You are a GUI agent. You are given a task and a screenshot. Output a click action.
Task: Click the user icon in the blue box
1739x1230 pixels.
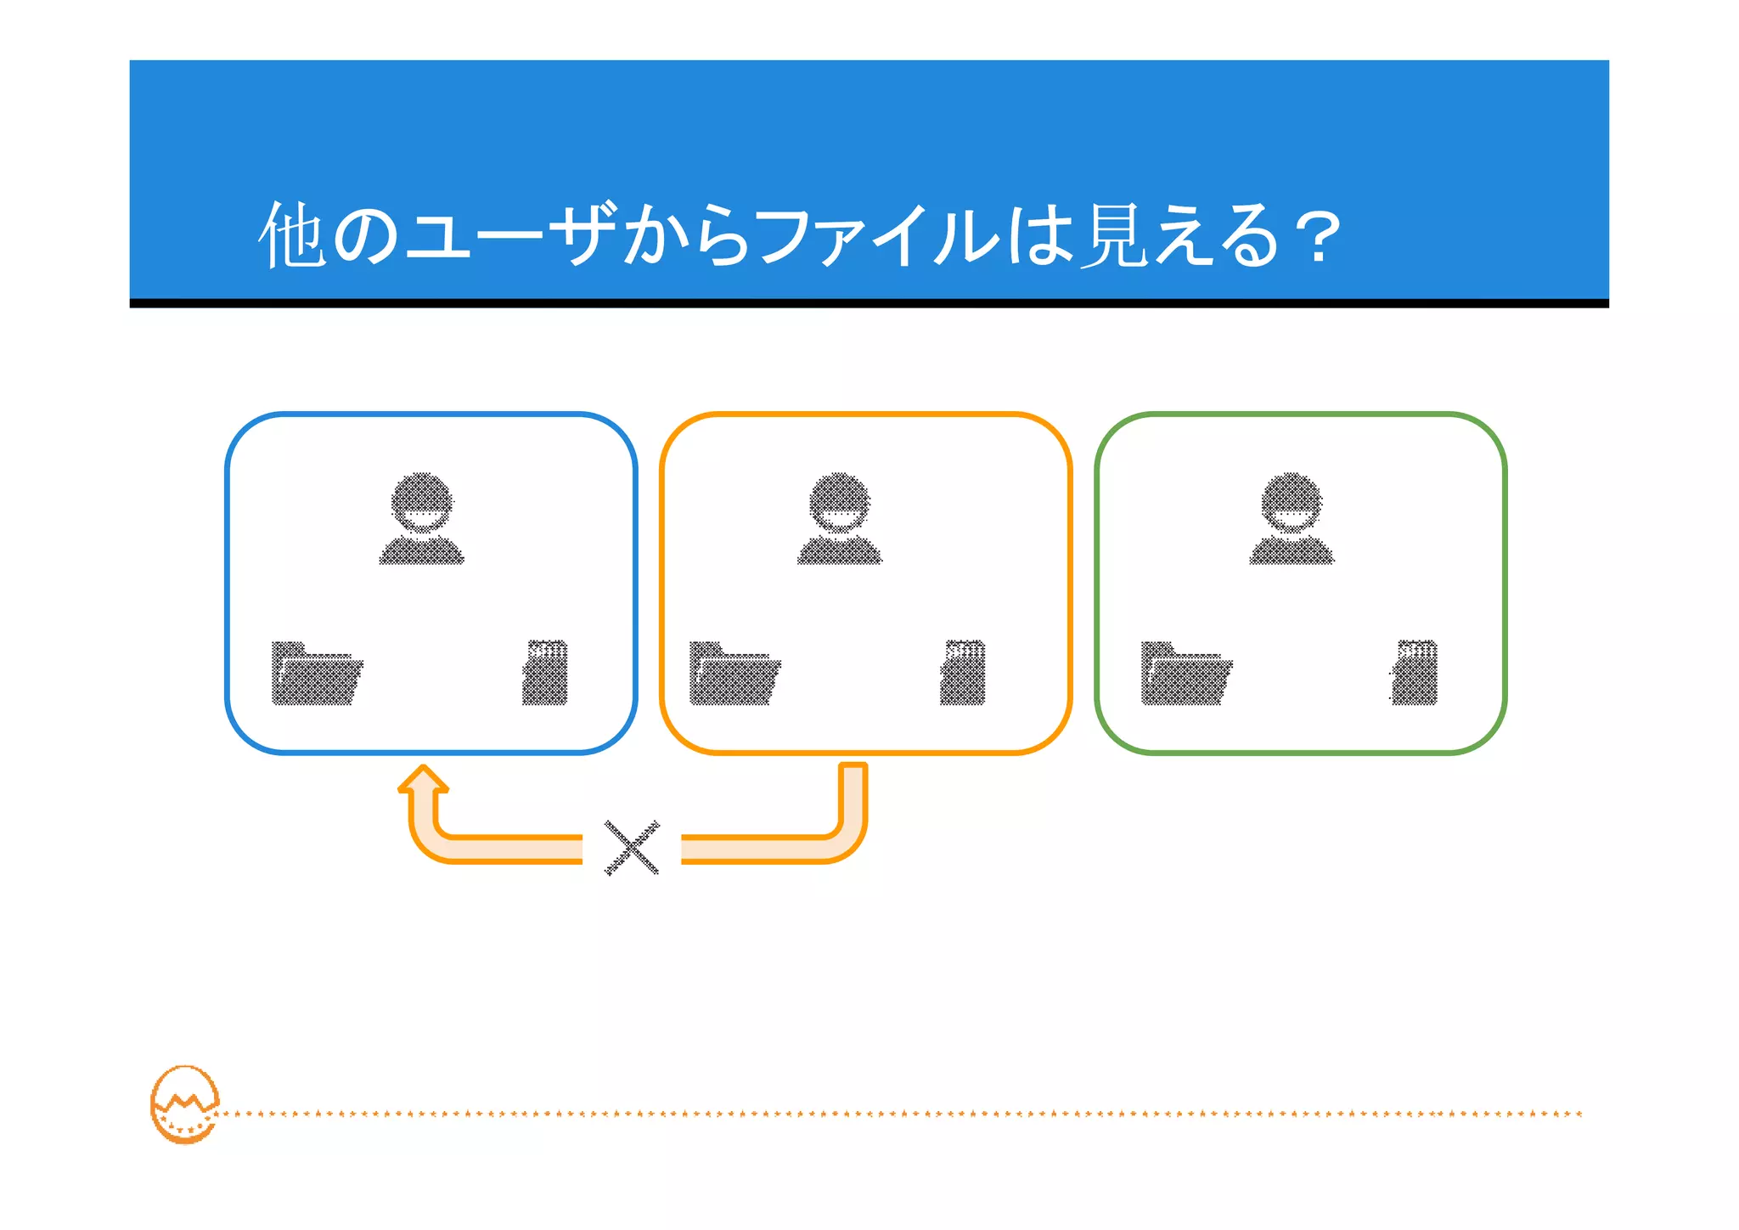pos(422,518)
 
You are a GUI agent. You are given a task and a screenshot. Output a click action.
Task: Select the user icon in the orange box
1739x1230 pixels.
pos(840,518)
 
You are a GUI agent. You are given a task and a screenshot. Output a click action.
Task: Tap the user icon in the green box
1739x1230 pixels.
pos(1292,518)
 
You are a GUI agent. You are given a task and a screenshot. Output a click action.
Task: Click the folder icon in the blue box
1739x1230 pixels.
pos(317,674)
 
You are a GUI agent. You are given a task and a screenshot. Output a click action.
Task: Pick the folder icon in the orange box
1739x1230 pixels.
pos(734,674)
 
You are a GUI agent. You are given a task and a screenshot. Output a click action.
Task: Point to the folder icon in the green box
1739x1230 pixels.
pos(1186,674)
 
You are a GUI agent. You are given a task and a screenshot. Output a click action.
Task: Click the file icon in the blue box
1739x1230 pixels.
pos(545,673)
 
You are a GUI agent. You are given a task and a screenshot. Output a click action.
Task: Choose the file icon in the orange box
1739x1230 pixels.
pos(963,673)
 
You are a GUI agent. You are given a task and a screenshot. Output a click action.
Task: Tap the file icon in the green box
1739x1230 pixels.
pos(1415,673)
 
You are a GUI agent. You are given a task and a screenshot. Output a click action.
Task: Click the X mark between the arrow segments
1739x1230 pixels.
pos(632,847)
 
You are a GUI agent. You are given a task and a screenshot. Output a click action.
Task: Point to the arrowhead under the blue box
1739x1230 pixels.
pos(423,781)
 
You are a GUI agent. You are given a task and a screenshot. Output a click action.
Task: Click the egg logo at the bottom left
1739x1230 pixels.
pos(185,1104)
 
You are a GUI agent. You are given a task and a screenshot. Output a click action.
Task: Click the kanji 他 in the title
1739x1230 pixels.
pos(292,236)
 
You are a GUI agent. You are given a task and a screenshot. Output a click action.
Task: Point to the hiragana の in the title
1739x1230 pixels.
pos(365,236)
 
